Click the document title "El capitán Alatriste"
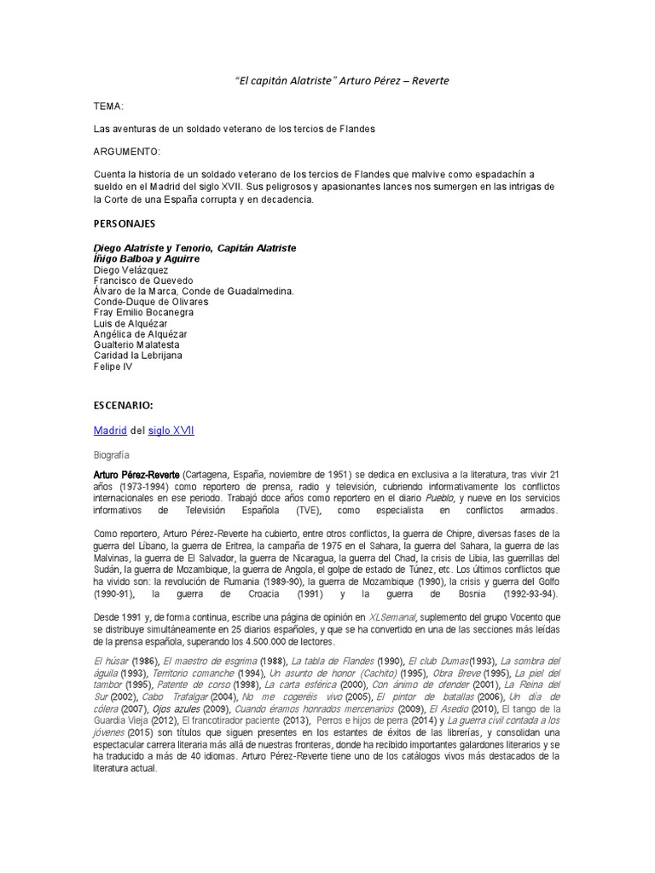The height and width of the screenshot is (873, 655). (x=286, y=81)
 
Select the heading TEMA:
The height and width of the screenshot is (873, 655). (x=108, y=108)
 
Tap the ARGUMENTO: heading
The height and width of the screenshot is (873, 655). (x=126, y=151)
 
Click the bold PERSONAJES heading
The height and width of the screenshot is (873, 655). (x=124, y=223)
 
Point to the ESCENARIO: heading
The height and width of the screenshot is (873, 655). (x=123, y=406)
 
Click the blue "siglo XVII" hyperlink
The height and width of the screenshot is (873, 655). (x=171, y=431)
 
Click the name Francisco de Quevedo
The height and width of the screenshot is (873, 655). (x=143, y=280)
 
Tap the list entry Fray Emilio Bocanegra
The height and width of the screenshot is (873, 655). (x=145, y=313)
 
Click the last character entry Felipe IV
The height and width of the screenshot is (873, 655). (x=113, y=367)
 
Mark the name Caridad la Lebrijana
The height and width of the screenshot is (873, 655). (x=138, y=356)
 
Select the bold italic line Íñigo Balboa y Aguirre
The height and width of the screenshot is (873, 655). (x=147, y=258)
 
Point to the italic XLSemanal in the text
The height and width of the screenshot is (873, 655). (x=391, y=616)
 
